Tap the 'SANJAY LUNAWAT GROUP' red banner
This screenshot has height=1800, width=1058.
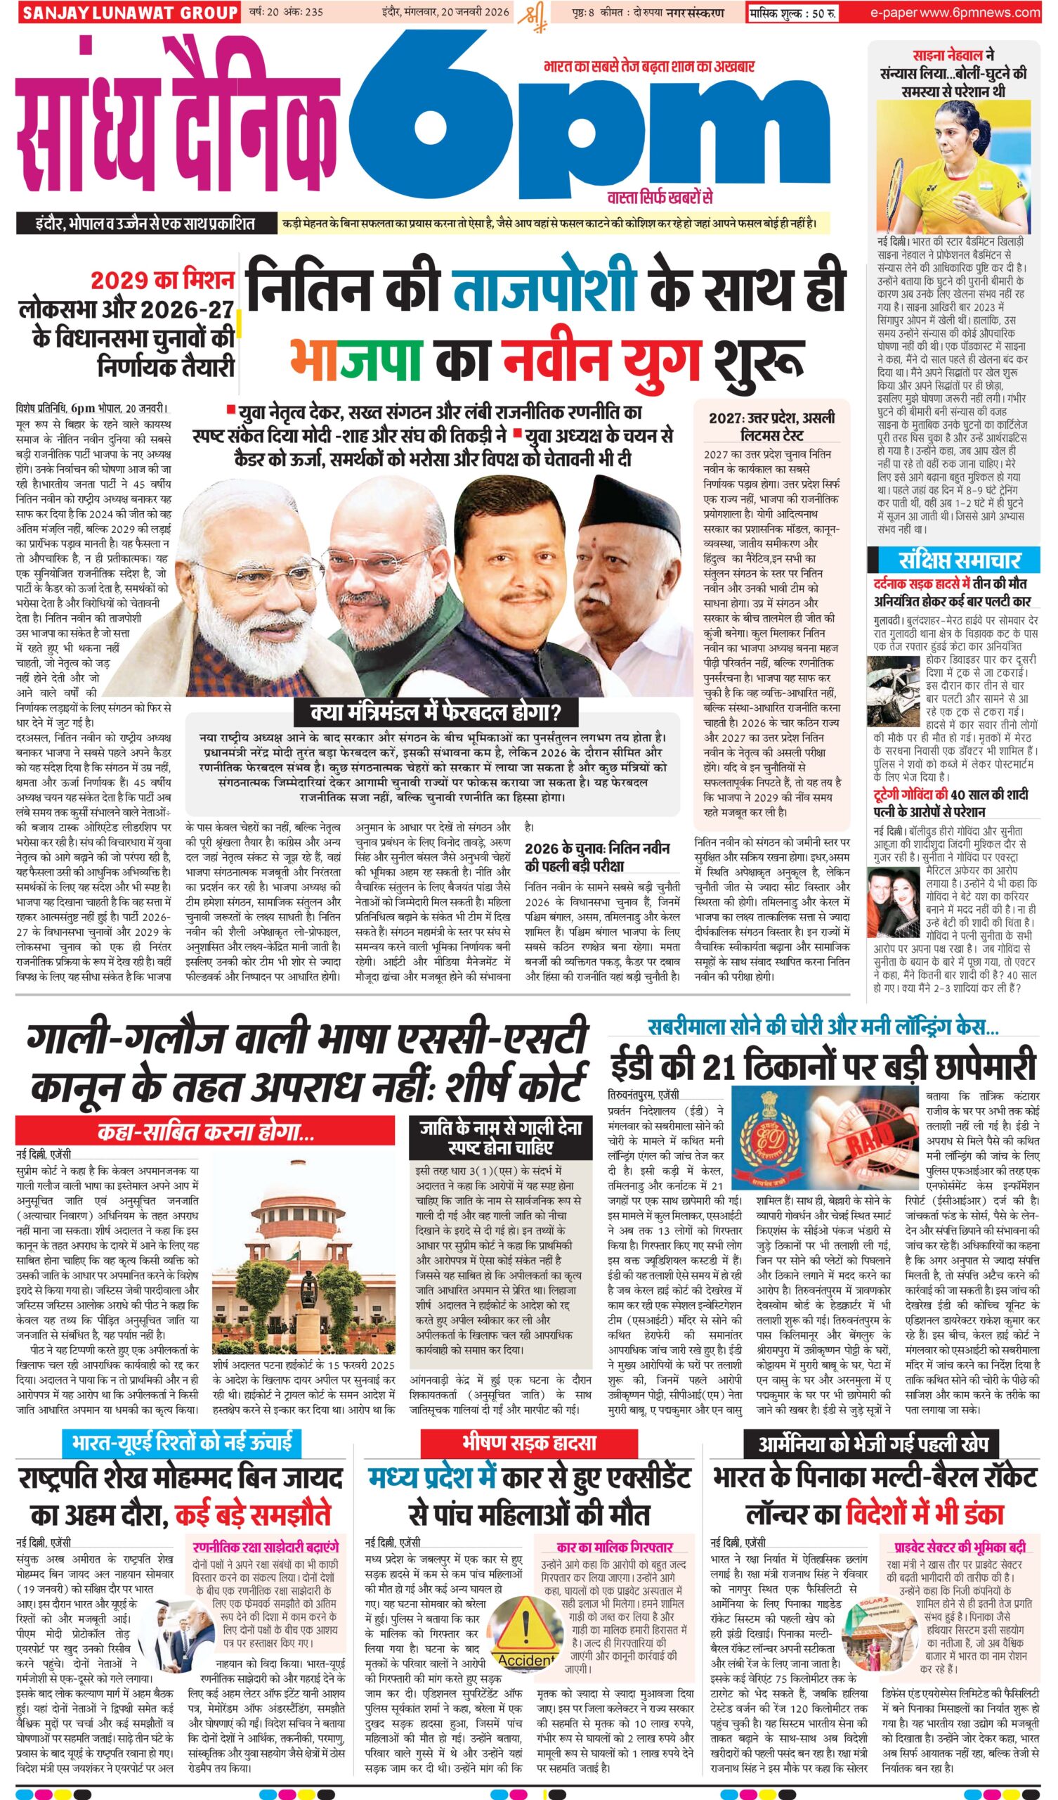pyautogui.click(x=129, y=12)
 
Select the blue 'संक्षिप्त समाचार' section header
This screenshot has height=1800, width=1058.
pyautogui.click(x=955, y=560)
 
